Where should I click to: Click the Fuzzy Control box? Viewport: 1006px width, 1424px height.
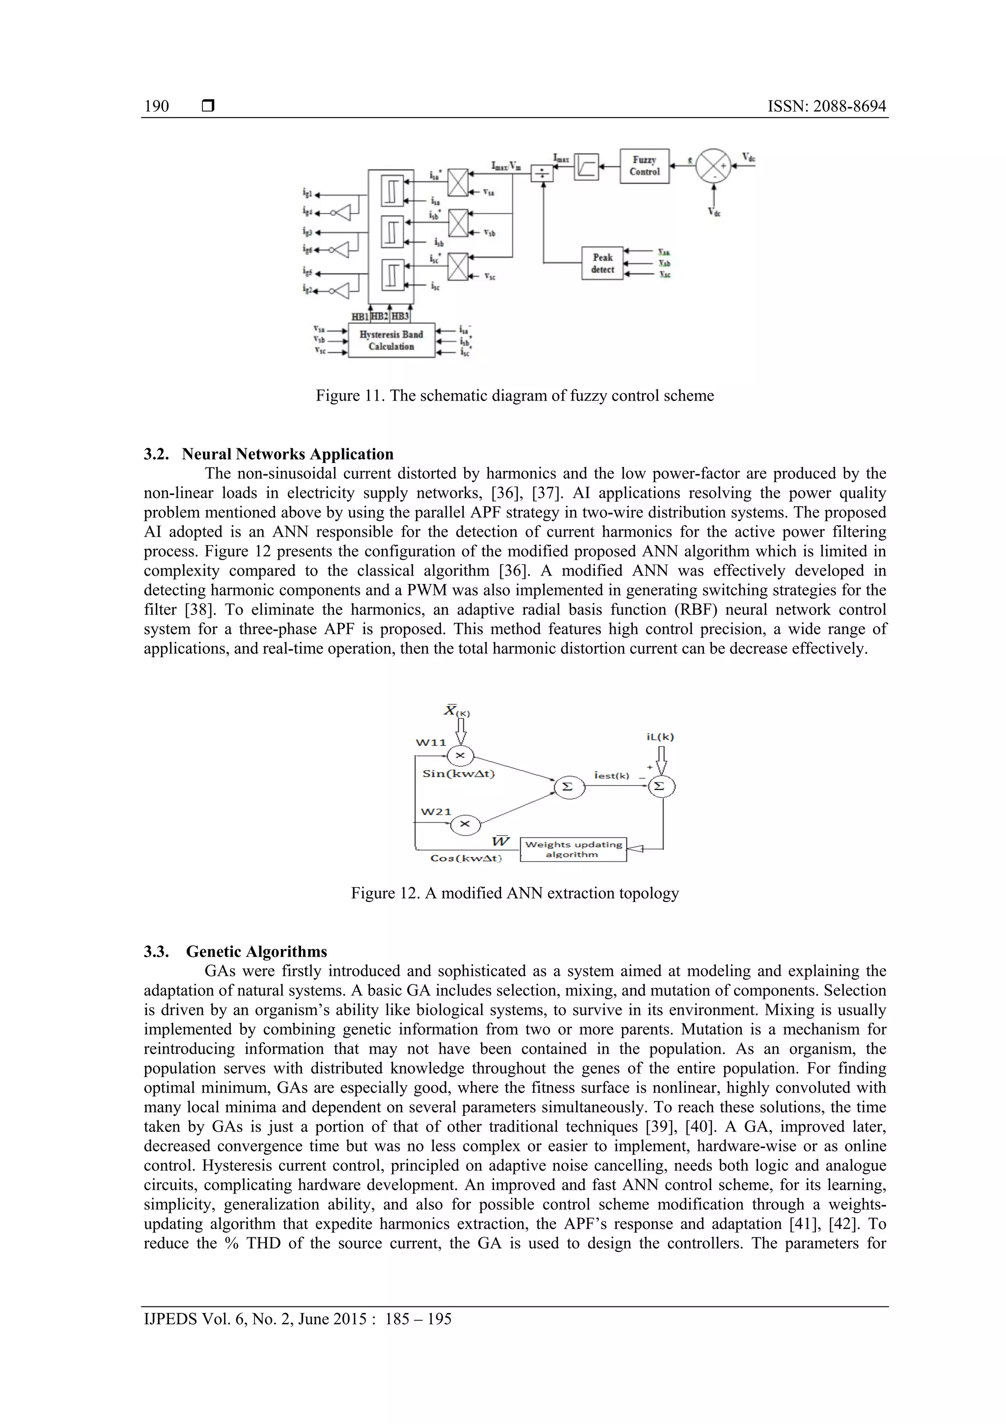[644, 166]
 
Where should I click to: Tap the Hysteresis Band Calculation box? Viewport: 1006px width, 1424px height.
[391, 340]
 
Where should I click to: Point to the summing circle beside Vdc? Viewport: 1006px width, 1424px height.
[713, 166]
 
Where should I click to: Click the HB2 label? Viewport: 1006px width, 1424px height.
[380, 316]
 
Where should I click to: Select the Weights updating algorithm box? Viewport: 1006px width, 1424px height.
[573, 849]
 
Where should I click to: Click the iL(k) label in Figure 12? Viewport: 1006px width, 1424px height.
[660, 737]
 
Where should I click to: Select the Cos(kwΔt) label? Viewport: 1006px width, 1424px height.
[466, 858]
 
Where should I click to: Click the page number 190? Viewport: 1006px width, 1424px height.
[156, 106]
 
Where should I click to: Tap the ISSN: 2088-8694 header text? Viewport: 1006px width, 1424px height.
[826, 106]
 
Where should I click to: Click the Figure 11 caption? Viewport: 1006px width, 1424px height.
[514, 396]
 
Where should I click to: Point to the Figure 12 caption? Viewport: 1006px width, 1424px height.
[514, 893]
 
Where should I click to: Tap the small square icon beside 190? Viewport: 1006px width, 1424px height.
[208, 106]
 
